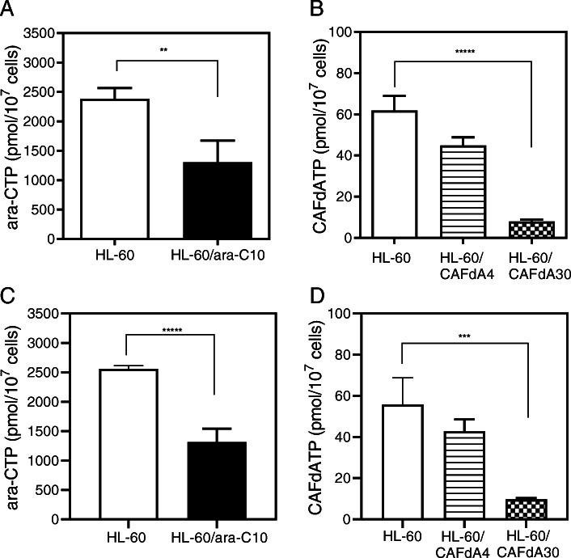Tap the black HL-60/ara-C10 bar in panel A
[218, 201]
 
